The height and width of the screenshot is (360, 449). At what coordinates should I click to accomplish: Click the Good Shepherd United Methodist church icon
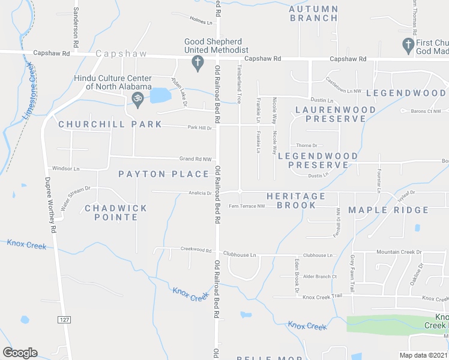(197, 62)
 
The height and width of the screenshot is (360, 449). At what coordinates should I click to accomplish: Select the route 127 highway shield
(65, 320)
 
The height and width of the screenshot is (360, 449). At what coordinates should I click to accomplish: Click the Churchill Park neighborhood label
(110, 124)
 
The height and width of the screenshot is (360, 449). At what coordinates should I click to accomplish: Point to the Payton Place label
(164, 174)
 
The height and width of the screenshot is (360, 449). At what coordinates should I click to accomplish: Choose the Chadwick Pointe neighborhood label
(116, 212)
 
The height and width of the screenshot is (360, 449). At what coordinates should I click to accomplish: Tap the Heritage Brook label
(296, 200)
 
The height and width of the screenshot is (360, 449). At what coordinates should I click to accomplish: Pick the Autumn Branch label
(314, 13)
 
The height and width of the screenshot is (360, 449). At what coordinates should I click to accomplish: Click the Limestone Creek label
(28, 91)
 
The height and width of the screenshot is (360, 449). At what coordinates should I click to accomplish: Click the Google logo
(20, 353)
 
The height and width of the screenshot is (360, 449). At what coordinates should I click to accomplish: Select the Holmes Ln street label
(202, 22)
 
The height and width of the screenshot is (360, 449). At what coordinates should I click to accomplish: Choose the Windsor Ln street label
(66, 169)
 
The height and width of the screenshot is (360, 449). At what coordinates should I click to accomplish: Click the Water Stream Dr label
(74, 197)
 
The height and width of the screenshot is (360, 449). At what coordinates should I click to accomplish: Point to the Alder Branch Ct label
(320, 277)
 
